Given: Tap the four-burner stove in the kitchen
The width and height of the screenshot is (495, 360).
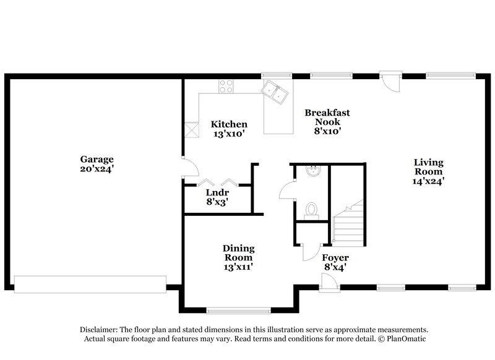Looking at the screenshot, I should click(x=227, y=87).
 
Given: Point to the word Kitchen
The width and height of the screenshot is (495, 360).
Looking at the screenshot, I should click(x=229, y=124).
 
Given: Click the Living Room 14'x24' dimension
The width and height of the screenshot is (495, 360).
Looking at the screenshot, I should click(x=429, y=182).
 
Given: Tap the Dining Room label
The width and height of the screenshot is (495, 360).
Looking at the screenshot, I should click(x=238, y=253).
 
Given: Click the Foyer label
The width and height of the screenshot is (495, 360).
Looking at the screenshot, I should click(x=335, y=257).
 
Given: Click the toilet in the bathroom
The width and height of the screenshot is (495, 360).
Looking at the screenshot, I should click(x=312, y=210).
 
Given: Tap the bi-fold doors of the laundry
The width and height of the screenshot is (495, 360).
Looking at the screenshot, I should click(x=218, y=182).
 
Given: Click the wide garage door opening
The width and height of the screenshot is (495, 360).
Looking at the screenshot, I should click(x=90, y=283).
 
